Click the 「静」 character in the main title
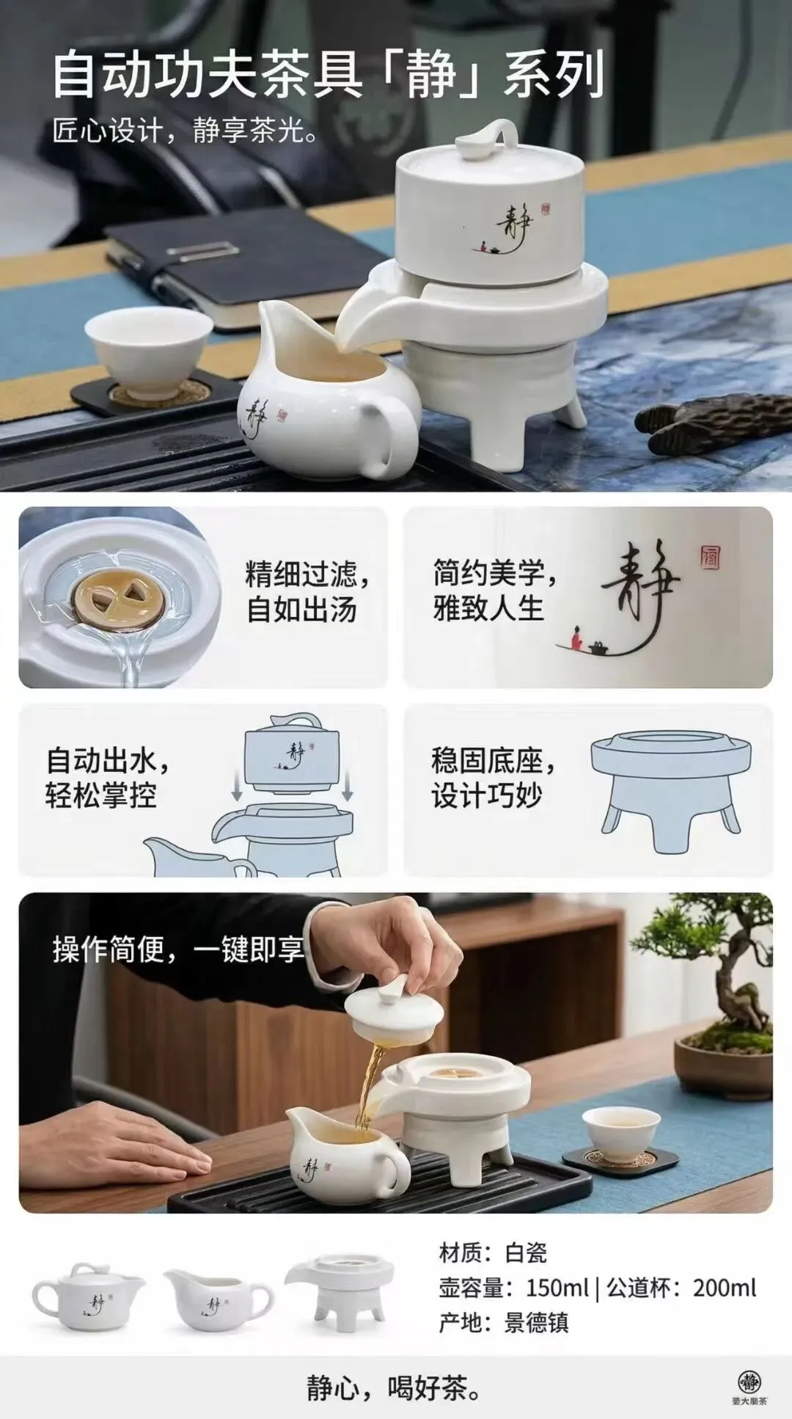click(433, 75)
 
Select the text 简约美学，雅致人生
click(494, 590)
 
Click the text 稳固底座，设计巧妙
click(494, 778)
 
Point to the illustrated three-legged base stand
click(670, 789)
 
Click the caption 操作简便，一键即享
click(178, 949)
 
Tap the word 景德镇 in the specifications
click(536, 1322)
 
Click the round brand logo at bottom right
click(749, 1381)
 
